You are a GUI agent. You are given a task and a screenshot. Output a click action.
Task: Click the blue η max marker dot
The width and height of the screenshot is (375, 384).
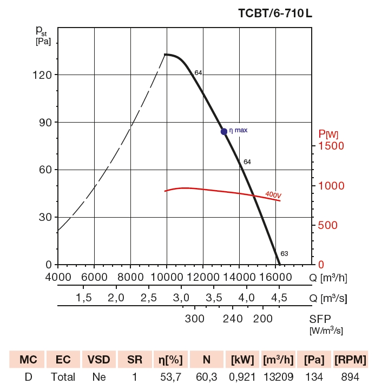click(224, 131)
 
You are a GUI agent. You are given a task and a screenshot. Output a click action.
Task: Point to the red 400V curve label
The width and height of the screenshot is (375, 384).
click(273, 194)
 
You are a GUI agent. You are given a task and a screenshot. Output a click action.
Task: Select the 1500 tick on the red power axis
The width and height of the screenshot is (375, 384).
click(331, 146)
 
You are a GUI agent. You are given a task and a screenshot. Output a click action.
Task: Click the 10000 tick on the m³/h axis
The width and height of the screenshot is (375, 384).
click(167, 277)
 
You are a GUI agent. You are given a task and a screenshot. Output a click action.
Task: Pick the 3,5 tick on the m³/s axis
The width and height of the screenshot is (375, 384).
click(215, 298)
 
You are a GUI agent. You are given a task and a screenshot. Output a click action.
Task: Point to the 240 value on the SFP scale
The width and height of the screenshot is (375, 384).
click(233, 318)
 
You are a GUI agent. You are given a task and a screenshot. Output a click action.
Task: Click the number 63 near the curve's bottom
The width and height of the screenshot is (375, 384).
click(284, 253)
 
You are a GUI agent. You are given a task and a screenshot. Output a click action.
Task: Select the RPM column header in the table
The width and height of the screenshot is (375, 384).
click(350, 360)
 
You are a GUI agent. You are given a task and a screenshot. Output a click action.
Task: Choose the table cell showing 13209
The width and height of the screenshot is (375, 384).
click(277, 376)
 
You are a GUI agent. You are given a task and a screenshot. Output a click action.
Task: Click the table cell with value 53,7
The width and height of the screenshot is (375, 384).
click(169, 376)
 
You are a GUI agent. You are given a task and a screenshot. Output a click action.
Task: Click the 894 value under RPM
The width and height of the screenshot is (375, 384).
click(350, 376)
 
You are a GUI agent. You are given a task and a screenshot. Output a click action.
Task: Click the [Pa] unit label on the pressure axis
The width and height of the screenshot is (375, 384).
click(43, 42)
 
